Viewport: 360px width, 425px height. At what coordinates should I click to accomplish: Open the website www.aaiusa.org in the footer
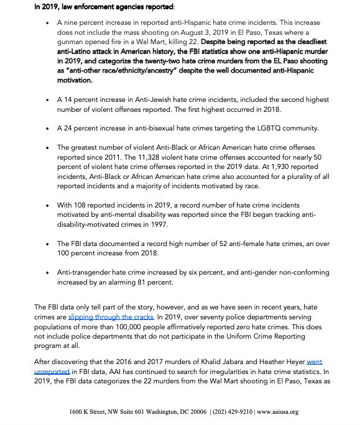point(277,411)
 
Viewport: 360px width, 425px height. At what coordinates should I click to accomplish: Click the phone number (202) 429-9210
point(229,411)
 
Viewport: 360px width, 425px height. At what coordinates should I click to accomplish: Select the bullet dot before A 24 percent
point(48,129)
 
